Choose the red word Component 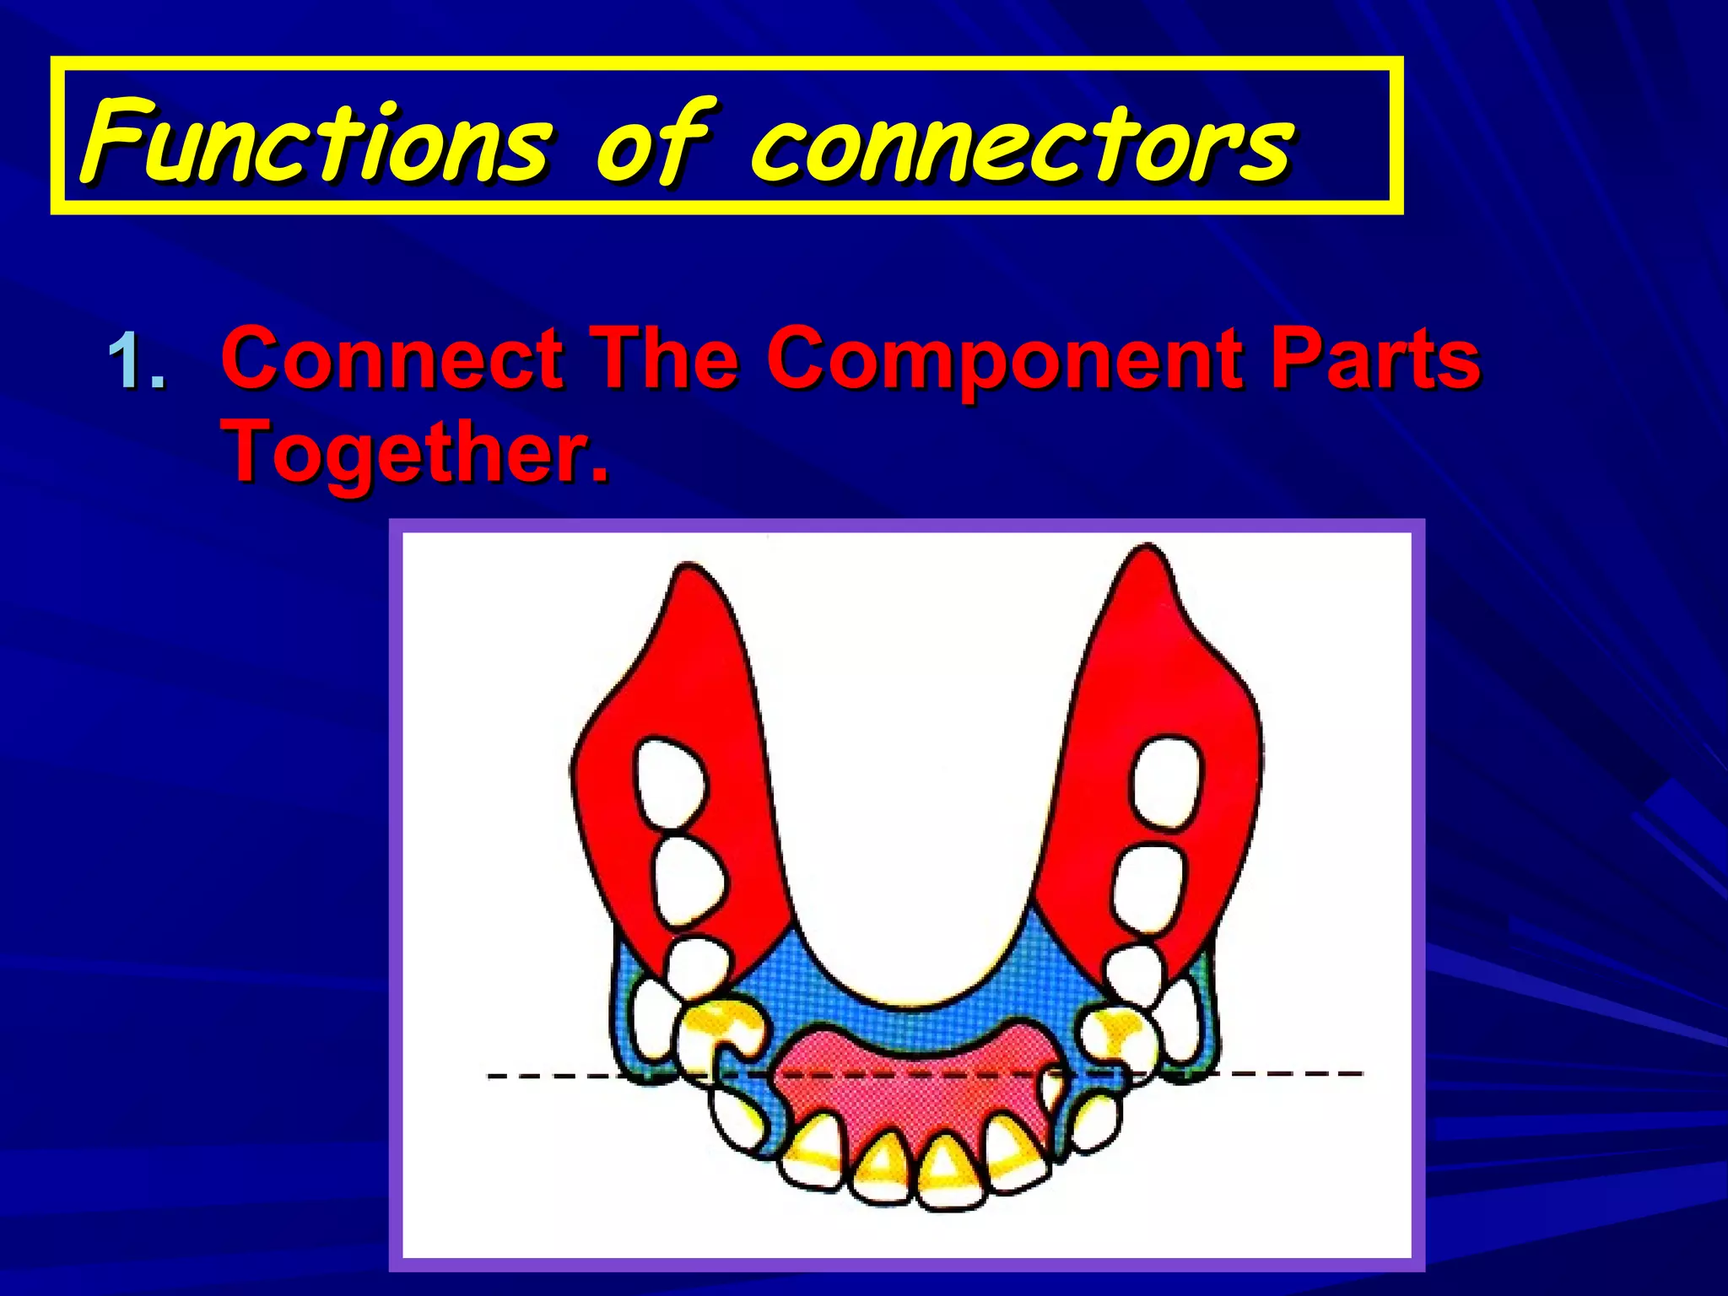coord(1004,361)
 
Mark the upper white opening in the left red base coord(670,784)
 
